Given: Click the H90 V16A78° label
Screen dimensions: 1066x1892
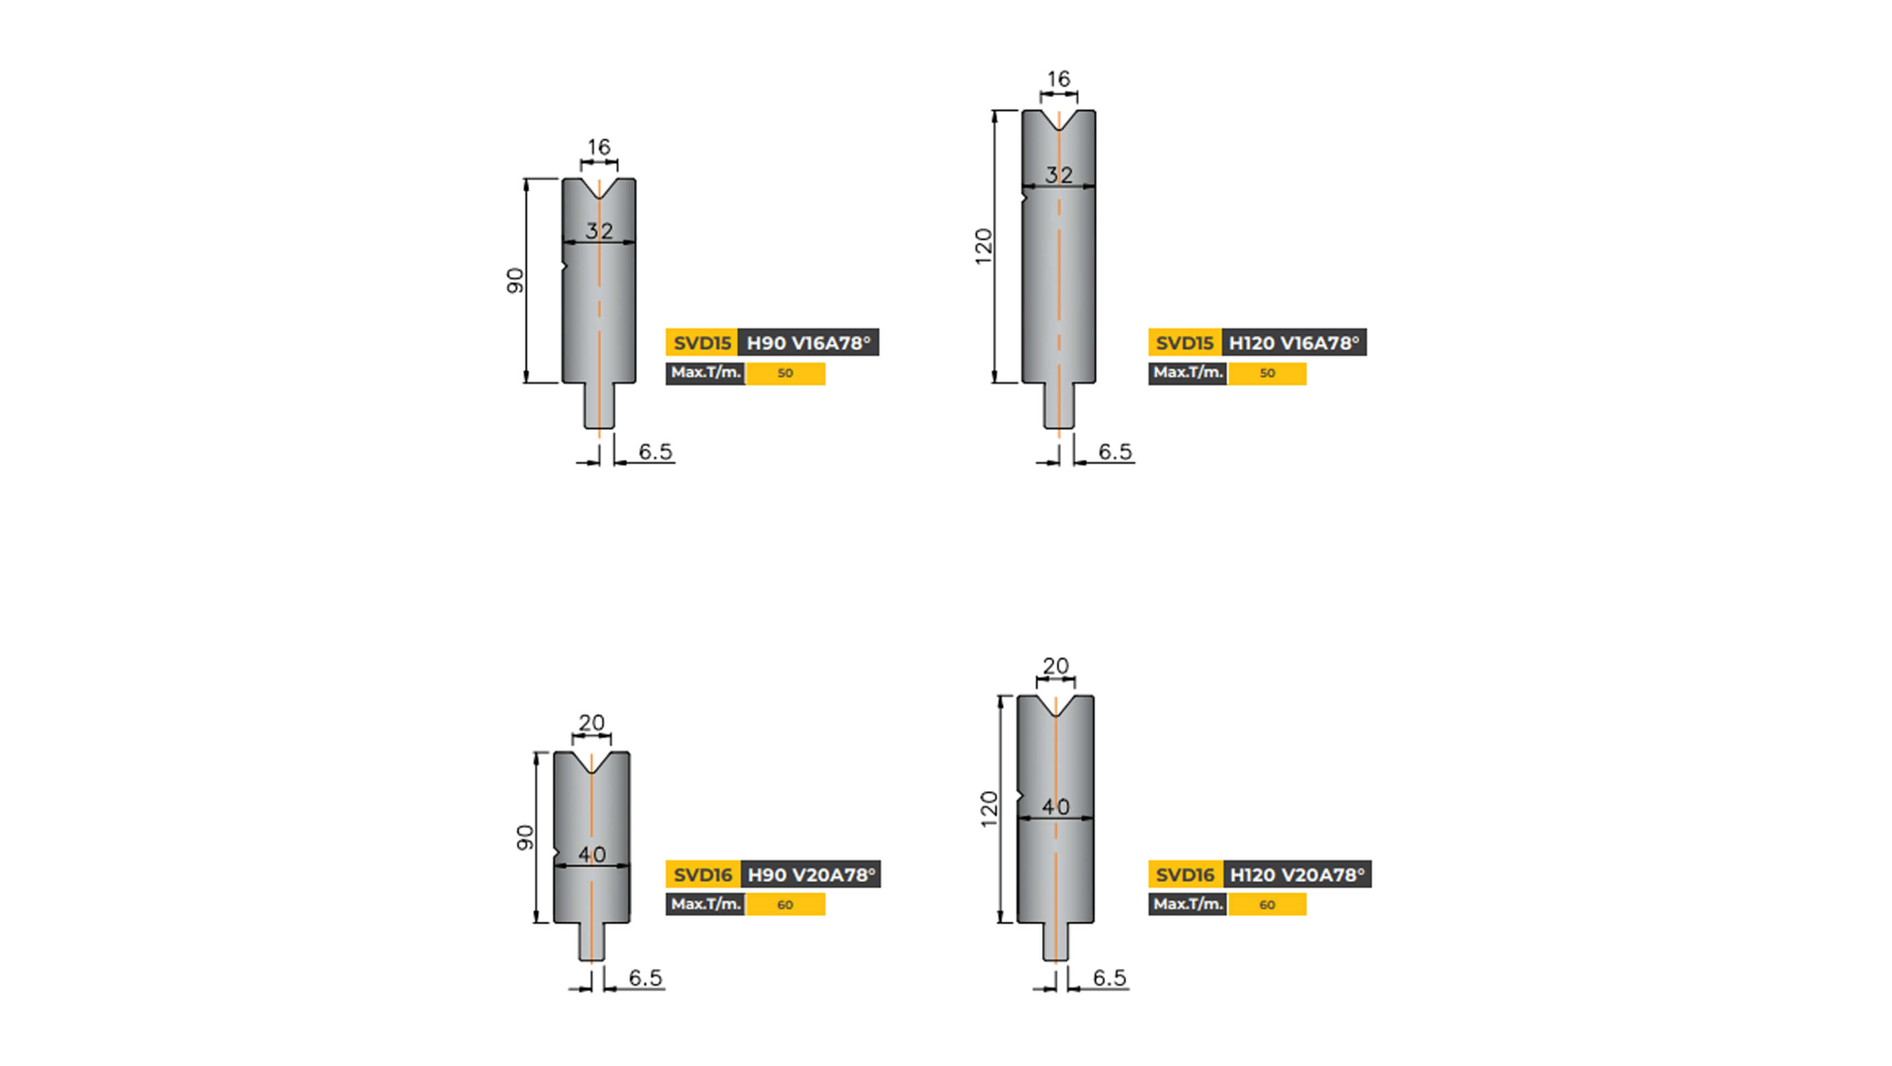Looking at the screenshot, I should pos(808,343).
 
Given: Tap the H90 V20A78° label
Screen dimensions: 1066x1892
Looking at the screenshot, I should pos(811,874).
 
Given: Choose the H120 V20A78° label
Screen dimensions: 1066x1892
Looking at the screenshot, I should pos(1296,874).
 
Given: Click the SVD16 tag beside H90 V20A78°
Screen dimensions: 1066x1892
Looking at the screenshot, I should pos(702,874).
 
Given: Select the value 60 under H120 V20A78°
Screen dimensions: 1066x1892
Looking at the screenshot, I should pos(1267,904).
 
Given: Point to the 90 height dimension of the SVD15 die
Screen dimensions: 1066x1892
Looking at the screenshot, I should pos(516,280).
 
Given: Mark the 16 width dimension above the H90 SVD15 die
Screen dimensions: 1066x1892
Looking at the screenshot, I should pos(599,147).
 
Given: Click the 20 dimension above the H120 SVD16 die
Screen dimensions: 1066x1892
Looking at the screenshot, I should pos(1056,666).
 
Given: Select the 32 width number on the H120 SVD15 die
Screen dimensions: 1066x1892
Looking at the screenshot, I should pos(1058,175).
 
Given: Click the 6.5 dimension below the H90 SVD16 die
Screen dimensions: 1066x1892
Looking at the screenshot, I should pos(645,978).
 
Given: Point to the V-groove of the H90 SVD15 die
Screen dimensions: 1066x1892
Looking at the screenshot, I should pos(599,188).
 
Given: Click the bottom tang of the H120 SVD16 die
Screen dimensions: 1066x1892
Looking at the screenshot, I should pos(1056,942).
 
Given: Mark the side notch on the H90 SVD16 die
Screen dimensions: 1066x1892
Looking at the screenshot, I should pos(557,854).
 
